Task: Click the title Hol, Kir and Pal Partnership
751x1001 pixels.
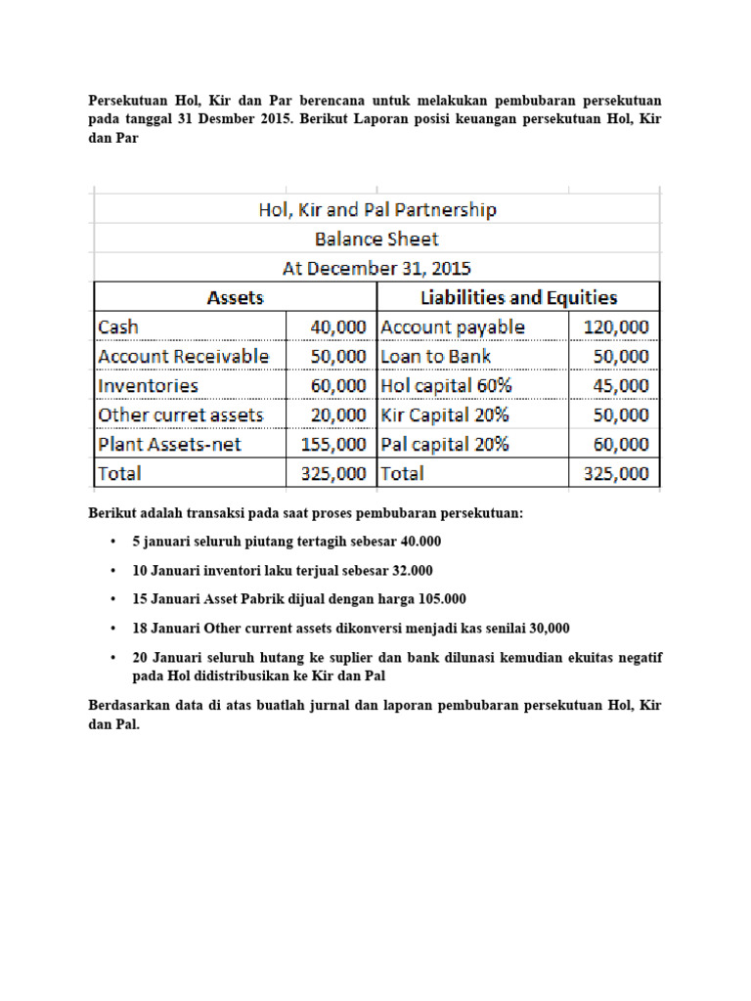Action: coord(376,210)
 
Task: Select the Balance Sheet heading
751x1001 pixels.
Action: coord(376,239)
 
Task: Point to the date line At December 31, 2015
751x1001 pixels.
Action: coord(376,268)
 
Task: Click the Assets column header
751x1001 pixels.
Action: coord(235,297)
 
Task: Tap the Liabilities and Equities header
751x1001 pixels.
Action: coord(518,297)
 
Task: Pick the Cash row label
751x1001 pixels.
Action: coord(118,326)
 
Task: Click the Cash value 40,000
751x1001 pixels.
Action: coord(338,326)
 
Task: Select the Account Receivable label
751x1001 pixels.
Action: coord(183,356)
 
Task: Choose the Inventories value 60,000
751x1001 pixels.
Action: coord(338,385)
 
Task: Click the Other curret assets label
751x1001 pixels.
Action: coord(180,414)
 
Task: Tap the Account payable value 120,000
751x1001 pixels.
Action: coord(616,326)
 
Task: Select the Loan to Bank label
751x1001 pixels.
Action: coord(436,356)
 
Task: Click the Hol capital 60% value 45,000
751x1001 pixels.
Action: coord(621,385)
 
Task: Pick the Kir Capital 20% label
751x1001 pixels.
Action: coord(445,414)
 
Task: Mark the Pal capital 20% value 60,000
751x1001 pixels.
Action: coord(621,444)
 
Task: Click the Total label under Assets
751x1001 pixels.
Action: coord(119,473)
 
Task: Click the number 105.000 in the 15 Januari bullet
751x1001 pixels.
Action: coord(441,599)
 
